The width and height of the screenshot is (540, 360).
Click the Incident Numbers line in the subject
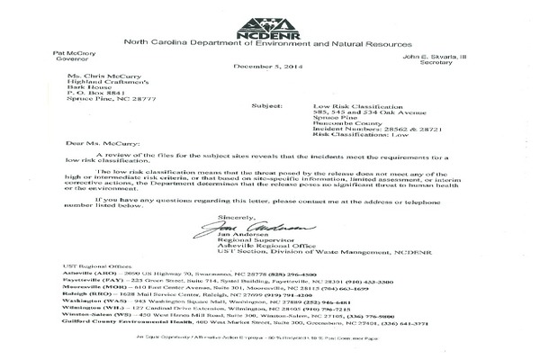[337, 112]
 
